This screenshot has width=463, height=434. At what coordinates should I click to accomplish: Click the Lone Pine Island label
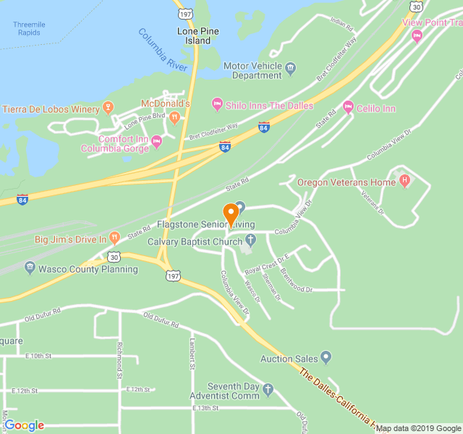tap(194, 36)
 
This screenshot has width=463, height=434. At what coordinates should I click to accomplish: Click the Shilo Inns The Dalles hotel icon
tap(217, 106)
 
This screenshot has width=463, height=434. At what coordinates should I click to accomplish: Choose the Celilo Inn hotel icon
tap(348, 109)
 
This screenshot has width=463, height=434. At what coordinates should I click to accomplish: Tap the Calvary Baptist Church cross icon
tap(250, 240)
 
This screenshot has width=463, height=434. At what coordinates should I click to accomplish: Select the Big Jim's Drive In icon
tap(114, 238)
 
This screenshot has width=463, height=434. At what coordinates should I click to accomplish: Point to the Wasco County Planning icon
tap(30, 268)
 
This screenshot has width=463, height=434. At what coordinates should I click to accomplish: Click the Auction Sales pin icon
tap(326, 358)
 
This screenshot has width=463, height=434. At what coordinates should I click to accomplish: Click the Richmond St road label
tap(119, 355)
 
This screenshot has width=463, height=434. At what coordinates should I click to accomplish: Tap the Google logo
tap(24, 425)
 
